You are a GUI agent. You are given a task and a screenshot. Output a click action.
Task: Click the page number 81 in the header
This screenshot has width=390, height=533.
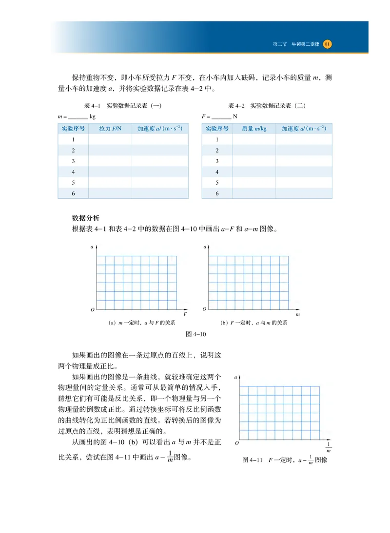coord(327,44)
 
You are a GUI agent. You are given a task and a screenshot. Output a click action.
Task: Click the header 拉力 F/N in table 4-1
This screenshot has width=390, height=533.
coord(110,129)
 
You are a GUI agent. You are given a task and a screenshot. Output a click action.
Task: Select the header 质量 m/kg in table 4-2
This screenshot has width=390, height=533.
coord(254,129)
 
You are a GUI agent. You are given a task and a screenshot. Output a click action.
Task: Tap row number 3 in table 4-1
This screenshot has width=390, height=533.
coord(73,161)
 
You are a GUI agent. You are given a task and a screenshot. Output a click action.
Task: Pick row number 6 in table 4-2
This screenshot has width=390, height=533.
coord(217,193)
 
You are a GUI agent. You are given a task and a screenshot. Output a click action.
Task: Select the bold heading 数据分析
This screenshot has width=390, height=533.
coord(86,218)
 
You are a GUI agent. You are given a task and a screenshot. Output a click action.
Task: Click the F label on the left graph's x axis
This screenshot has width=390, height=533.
coord(185,315)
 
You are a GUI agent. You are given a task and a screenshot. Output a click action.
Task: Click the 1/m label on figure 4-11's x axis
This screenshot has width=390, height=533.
coord(328,447)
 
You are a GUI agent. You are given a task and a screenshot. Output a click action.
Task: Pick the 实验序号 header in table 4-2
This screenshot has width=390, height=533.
coord(217,129)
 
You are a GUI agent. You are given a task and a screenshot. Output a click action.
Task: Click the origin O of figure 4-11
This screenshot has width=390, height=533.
coord(236,443)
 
